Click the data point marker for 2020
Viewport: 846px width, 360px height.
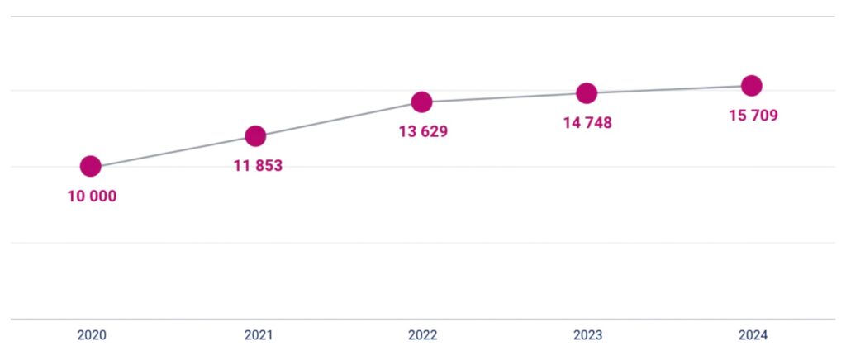pos(91,167)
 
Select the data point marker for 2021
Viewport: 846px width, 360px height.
pos(256,136)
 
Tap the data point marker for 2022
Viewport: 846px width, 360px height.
pos(422,102)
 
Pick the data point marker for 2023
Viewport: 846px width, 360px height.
pos(587,93)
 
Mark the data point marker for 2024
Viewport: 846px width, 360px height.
pos(752,85)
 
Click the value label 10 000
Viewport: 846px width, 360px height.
pos(92,197)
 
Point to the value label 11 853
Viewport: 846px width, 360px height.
pos(258,166)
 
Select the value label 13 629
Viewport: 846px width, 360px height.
pos(423,132)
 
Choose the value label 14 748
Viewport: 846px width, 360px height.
pos(587,124)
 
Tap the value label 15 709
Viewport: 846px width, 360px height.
pos(753,116)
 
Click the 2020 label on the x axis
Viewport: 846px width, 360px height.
pos(92,335)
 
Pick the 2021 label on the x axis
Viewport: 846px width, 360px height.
pos(258,335)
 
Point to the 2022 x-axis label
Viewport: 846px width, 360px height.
pos(423,335)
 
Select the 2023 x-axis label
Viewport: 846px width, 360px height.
pos(587,335)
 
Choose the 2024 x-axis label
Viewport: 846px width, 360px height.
pos(753,335)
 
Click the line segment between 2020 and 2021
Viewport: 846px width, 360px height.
pos(173,152)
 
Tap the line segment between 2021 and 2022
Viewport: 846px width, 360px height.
pos(339,120)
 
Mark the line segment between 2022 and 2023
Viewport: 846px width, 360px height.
pos(504,98)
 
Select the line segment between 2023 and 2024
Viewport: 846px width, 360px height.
pos(669,89)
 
